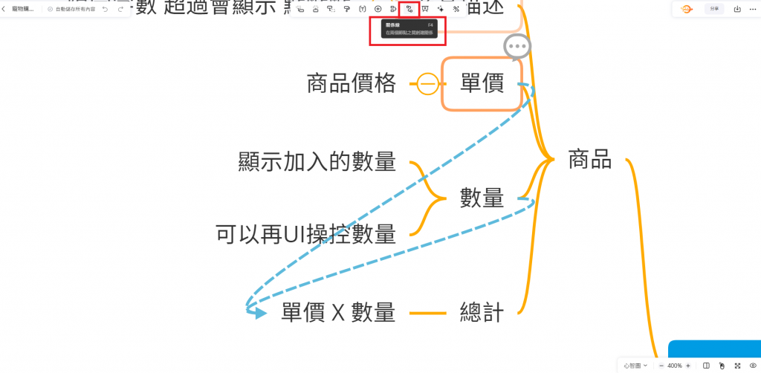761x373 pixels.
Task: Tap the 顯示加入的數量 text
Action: [317, 161]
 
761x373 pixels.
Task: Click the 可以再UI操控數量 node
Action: [305, 234]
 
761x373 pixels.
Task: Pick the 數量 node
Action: [482, 198]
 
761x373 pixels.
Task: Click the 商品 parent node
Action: [589, 159]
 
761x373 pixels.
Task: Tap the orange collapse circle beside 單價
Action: [427, 84]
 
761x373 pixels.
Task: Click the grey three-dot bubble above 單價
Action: [517, 47]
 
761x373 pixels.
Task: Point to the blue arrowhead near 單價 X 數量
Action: [258, 313]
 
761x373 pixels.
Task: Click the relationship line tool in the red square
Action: [409, 9]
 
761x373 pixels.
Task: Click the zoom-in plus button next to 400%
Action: [688, 366]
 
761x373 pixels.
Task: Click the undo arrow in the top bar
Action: [105, 10]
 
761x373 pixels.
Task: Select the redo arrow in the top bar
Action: [120, 10]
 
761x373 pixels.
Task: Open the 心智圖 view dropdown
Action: [636, 366]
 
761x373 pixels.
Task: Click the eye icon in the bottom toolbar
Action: [753, 366]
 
